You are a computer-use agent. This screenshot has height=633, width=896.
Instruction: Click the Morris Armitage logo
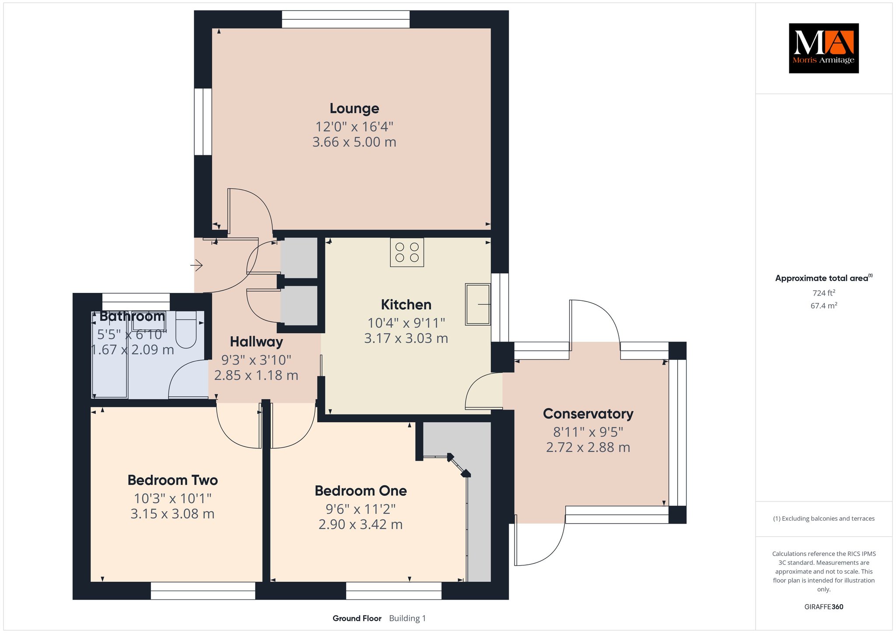pyautogui.click(x=823, y=48)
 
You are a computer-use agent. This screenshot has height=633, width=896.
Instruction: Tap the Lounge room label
pyautogui.click(x=354, y=108)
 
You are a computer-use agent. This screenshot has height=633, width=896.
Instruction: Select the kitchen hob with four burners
pyautogui.click(x=407, y=252)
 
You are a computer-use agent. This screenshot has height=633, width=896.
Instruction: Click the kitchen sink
pyautogui.click(x=478, y=304)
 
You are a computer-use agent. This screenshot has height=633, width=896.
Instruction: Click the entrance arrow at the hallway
pyautogui.click(x=196, y=265)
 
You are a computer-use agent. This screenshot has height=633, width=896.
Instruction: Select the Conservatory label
pyautogui.click(x=588, y=414)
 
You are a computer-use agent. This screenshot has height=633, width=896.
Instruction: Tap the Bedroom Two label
pyautogui.click(x=172, y=480)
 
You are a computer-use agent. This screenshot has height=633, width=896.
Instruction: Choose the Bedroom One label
pyautogui.click(x=360, y=490)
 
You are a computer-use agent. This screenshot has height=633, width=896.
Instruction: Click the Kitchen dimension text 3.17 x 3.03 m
pyautogui.click(x=406, y=338)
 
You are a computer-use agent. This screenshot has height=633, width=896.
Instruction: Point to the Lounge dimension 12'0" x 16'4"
pyautogui.click(x=354, y=127)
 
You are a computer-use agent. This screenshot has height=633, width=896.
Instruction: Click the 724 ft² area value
pyautogui.click(x=824, y=293)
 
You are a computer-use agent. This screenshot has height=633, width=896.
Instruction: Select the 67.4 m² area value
pyautogui.click(x=824, y=306)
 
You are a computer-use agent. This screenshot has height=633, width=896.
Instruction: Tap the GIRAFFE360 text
pyautogui.click(x=824, y=607)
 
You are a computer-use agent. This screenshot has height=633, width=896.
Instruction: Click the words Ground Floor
pyautogui.click(x=357, y=618)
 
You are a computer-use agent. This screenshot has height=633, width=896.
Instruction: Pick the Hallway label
pyautogui.click(x=256, y=342)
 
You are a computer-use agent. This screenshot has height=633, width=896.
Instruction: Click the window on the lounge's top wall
pyautogui.click(x=346, y=19)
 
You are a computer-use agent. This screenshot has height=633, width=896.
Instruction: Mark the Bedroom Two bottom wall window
pyautogui.click(x=203, y=591)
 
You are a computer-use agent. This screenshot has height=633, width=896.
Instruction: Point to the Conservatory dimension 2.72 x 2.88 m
pyautogui.click(x=588, y=447)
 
